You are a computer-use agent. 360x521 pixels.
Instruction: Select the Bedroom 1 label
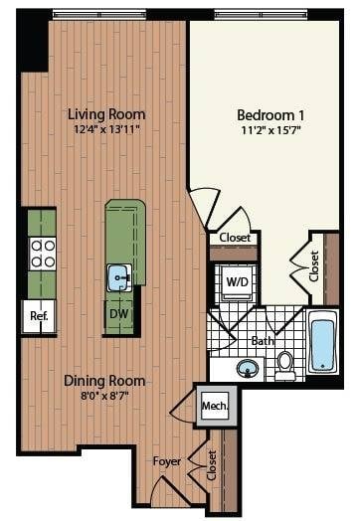[x=270, y=112]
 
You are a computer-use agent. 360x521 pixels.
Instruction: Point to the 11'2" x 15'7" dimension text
[x=270, y=128]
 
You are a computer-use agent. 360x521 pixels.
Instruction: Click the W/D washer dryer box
[x=237, y=281]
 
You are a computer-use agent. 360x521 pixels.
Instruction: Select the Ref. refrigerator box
[x=40, y=317]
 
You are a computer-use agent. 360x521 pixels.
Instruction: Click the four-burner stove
[x=42, y=254]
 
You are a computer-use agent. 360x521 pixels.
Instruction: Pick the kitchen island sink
[x=120, y=274]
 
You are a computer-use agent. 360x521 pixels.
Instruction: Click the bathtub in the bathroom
[x=323, y=343]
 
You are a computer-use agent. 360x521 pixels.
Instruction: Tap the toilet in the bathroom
[x=285, y=364]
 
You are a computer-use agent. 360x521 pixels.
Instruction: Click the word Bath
[x=263, y=340]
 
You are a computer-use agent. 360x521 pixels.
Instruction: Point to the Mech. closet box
[x=216, y=406]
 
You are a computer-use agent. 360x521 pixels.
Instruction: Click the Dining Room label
[x=104, y=381]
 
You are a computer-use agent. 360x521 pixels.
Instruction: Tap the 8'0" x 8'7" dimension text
[x=104, y=396]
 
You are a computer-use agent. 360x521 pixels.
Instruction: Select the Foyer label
[x=166, y=461]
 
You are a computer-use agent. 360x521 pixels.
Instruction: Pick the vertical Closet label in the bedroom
[x=314, y=264]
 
